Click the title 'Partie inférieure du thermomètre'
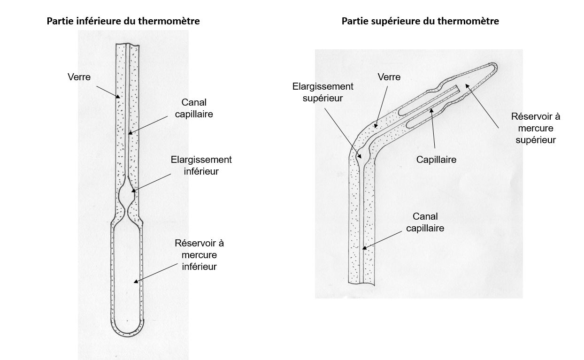coord(123,21)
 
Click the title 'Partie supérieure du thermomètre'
coord(420,21)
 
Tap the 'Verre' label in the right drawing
coord(389,77)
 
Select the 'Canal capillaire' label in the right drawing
coord(425,222)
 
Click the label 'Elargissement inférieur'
coord(201,165)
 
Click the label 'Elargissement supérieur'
coord(323,92)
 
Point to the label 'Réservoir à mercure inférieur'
coord(199,255)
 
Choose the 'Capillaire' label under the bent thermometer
coord(436,160)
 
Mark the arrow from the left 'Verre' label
coord(107,92)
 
